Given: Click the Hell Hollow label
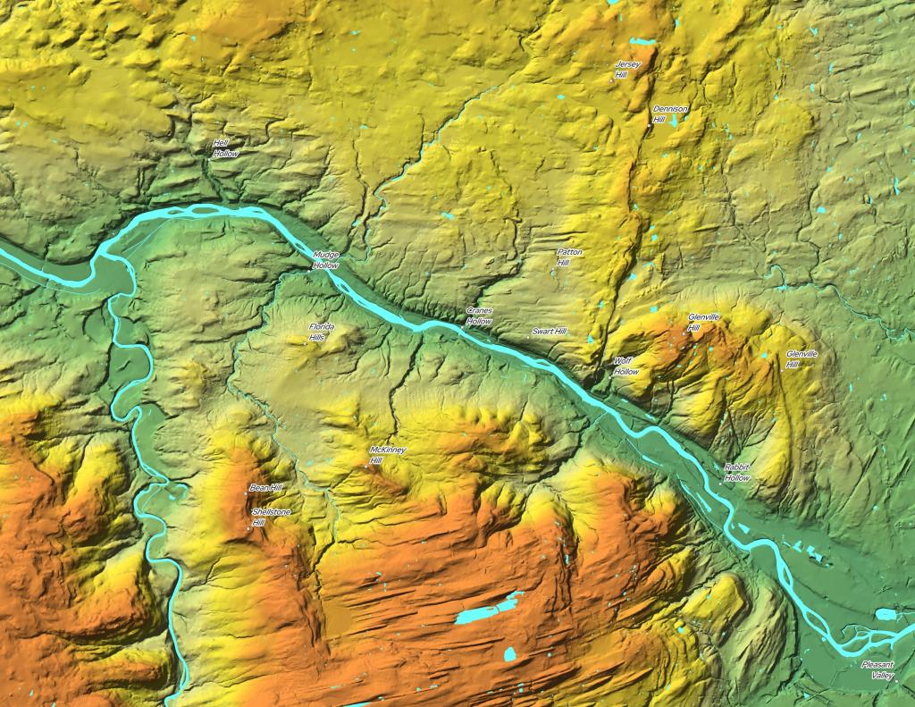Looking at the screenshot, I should (225, 147).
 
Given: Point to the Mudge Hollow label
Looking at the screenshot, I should (325, 260).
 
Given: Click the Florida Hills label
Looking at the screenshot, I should (321, 332).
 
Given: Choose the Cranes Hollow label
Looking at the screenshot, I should (479, 316).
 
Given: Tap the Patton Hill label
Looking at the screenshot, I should (569, 257).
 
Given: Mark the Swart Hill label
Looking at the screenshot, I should (549, 332).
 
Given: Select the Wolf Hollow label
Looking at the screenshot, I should (625, 366).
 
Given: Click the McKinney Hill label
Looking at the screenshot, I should (386, 454).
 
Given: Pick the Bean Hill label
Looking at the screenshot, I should (266, 488).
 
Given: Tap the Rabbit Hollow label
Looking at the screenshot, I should (737, 473).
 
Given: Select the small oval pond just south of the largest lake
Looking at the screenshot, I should (509, 654).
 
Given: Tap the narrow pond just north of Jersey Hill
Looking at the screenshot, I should (640, 42).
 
